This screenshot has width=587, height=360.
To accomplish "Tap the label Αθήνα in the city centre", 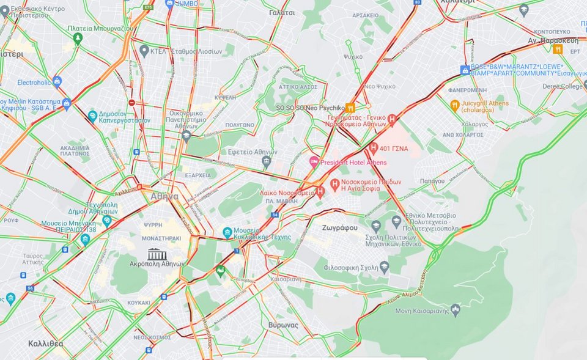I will pyautogui.click(x=164, y=197).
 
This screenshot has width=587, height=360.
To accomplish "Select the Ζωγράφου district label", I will pyautogui.click(x=339, y=227).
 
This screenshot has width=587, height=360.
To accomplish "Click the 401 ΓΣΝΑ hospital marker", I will pyautogui.click(x=374, y=148).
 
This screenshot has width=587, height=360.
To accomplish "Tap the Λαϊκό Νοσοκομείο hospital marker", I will pyautogui.click(x=320, y=192).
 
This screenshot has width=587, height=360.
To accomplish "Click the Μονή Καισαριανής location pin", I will pyautogui.click(x=455, y=310).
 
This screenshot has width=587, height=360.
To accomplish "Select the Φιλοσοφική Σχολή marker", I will pyautogui.click(x=384, y=266).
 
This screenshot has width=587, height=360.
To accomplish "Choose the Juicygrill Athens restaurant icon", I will pyautogui.click(x=454, y=105).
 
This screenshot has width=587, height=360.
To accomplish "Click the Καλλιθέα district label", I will pyautogui.click(x=45, y=343).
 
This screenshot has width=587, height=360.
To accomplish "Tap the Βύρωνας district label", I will pyautogui.click(x=282, y=325).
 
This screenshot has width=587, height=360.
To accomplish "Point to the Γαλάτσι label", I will pyautogui.click(x=281, y=12).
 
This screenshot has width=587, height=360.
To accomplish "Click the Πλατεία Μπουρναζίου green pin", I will pyautogui.click(x=77, y=39).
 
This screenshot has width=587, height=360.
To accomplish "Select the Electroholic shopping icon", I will pyautogui.click(x=57, y=81).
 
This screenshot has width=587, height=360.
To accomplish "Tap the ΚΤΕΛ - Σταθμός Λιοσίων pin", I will pyautogui.click(x=144, y=51).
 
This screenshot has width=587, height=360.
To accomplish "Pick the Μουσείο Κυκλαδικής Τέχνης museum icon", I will pyautogui.click(x=227, y=232).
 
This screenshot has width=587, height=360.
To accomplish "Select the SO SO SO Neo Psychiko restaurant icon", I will pyautogui.click(x=350, y=108).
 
